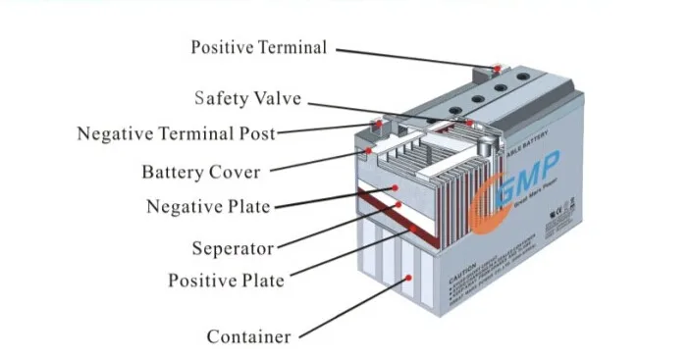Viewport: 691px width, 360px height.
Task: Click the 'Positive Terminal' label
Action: point(257,47)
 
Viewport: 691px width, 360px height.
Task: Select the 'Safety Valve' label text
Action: point(246,99)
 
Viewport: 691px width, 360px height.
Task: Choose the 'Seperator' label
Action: point(233,248)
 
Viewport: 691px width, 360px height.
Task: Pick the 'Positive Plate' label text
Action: point(225,281)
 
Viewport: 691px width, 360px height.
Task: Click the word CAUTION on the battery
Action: point(463,279)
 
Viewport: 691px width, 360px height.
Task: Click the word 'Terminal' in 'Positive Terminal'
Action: point(292,47)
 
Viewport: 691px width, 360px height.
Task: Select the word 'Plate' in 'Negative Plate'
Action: point(249,207)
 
